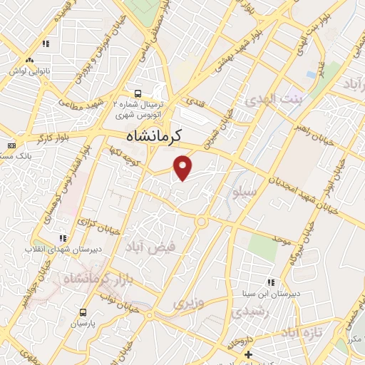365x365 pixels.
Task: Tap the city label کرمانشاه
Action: pyautogui.click(x=154, y=135)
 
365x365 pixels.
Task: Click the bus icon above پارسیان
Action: pyautogui.click(x=83, y=312)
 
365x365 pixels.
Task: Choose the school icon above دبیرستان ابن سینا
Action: pyautogui.click(x=271, y=282)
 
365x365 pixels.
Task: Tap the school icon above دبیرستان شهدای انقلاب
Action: pyautogui.click(x=62, y=238)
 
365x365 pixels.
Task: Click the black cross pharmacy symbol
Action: pyautogui.click(x=247, y=354)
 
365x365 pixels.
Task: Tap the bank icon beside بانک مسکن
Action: pyautogui.click(x=11, y=145)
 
